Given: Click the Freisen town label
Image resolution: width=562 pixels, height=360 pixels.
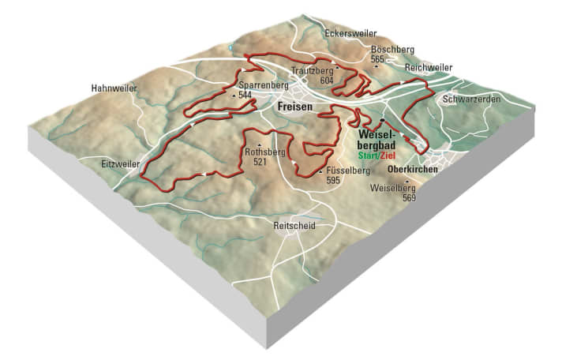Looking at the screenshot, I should pyautogui.click(x=295, y=107).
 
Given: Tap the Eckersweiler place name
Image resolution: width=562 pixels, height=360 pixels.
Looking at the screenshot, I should pyautogui.click(x=350, y=35).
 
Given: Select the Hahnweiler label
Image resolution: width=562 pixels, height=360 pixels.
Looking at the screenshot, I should pyautogui.click(x=113, y=88).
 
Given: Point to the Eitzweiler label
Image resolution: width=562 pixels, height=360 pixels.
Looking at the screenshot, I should pyautogui.click(x=121, y=163).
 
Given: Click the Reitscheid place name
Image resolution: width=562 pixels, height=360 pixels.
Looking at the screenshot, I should pyautogui.click(x=294, y=226).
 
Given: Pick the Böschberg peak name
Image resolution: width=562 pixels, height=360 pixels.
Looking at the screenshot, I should pyautogui.click(x=392, y=50).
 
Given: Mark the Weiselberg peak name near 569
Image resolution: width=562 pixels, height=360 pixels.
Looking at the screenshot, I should pyautogui.click(x=397, y=189).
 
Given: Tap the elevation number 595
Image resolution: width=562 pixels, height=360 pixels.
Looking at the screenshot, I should pyautogui.click(x=333, y=181).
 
